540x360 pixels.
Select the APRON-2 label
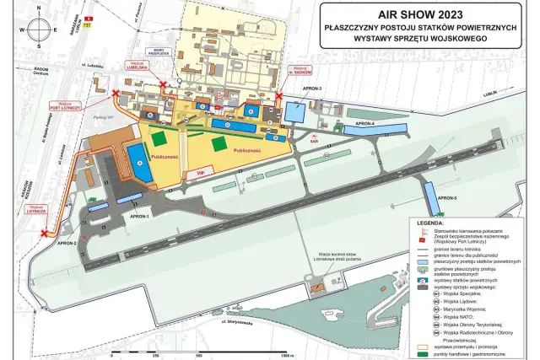click(67, 244)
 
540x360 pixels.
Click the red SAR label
click(313, 142)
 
